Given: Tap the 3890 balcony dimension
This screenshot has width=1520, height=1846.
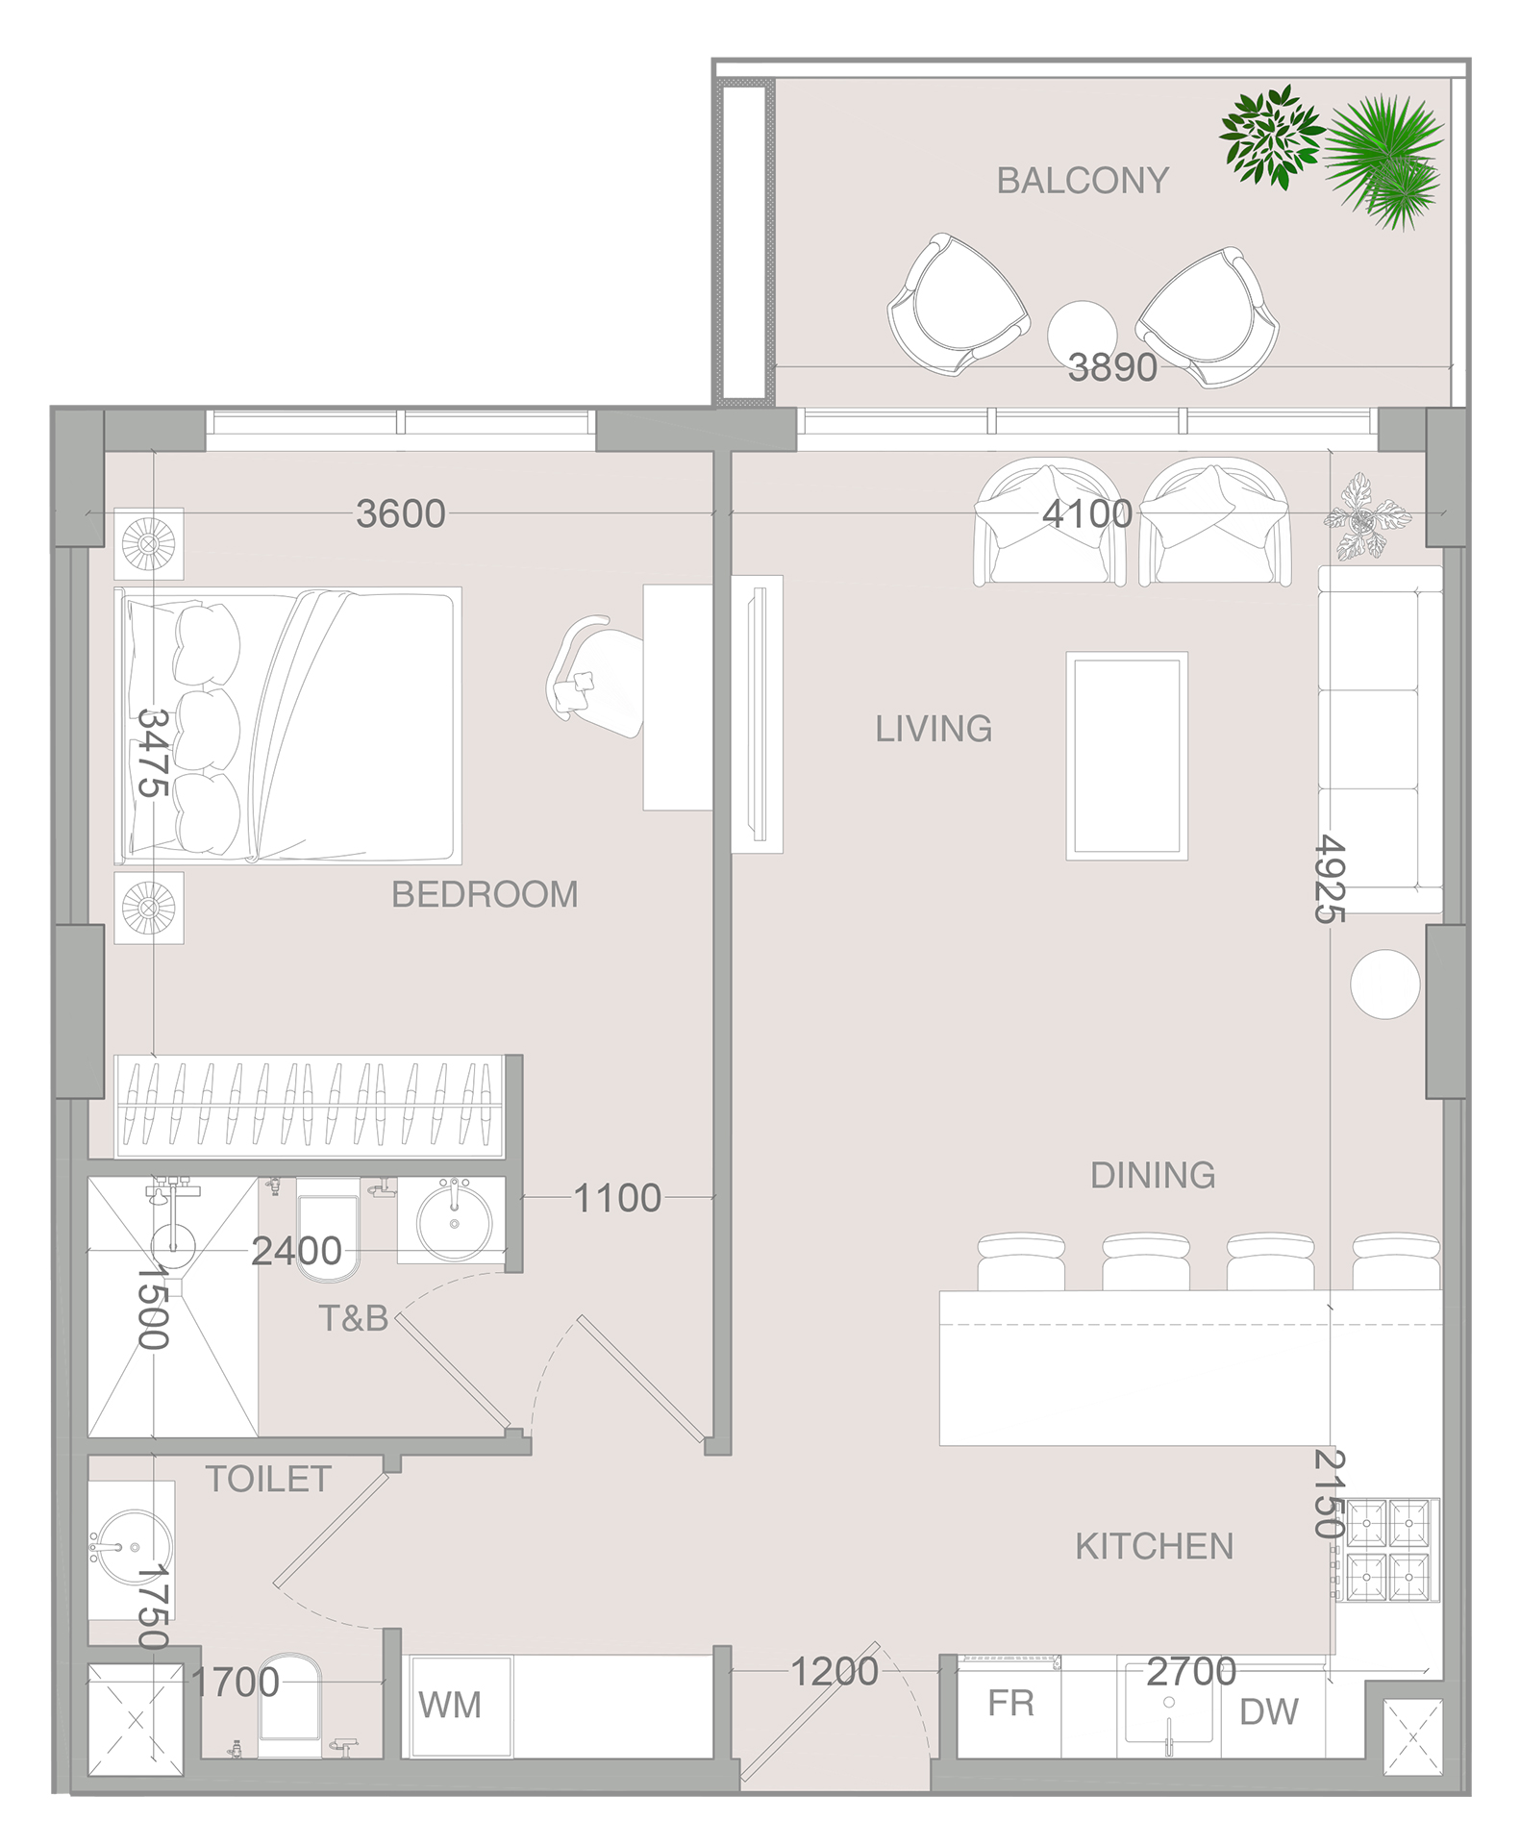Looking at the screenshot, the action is [x=1112, y=367].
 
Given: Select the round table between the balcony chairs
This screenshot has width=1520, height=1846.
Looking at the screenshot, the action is [x=1082, y=334].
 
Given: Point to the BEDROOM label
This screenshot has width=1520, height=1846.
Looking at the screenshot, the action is [x=485, y=894].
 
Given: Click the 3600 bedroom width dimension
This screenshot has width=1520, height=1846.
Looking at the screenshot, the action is [x=401, y=513].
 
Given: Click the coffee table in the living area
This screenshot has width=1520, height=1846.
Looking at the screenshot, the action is [x=1127, y=756].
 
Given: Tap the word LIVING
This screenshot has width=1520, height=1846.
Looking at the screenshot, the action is [x=934, y=729].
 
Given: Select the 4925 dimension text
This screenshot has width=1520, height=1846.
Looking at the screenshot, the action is [x=1331, y=878].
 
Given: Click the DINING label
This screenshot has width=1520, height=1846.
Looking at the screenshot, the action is [x=1153, y=1175].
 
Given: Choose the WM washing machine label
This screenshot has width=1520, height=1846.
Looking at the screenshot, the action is [x=450, y=1705].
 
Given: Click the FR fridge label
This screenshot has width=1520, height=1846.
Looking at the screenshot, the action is [x=1010, y=1703].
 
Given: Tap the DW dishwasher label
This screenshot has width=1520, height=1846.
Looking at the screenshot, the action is [x=1268, y=1711].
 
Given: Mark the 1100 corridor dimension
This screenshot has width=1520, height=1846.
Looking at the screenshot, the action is [x=617, y=1198].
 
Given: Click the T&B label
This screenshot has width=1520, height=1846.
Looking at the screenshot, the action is [x=353, y=1318].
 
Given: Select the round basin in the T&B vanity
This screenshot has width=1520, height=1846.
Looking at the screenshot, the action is [x=454, y=1222].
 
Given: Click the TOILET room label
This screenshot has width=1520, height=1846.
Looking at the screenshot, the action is [x=268, y=1479].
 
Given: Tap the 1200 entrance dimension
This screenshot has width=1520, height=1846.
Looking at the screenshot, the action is [x=835, y=1672].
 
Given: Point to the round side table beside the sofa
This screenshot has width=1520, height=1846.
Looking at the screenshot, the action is [x=1385, y=984].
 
